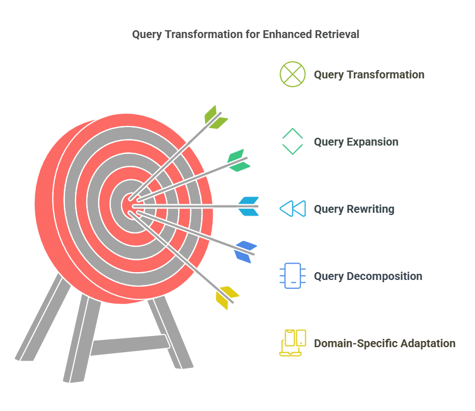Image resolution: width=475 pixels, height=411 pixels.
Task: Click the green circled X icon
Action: (292, 74)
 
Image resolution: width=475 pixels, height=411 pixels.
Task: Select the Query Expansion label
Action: (356, 142)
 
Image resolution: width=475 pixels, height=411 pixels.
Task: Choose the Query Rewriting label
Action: (354, 209)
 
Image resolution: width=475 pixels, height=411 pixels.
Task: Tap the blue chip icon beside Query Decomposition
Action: (292, 275)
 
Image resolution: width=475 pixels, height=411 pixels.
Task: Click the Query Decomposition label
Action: (368, 276)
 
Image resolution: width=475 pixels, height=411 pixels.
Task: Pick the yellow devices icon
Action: (292, 343)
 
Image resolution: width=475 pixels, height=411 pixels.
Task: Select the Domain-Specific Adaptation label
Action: (385, 343)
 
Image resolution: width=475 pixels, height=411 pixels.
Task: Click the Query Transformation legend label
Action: (369, 75)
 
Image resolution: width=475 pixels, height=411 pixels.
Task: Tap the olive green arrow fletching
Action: (215, 118)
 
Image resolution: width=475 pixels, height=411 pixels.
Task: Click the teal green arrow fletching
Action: (239, 161)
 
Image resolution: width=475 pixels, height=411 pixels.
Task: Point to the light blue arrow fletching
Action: (249, 206)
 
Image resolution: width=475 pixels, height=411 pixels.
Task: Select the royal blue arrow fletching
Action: (245, 251)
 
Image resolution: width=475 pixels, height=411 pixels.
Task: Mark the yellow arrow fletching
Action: (227, 297)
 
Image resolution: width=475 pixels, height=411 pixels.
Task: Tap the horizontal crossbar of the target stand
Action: (130, 345)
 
